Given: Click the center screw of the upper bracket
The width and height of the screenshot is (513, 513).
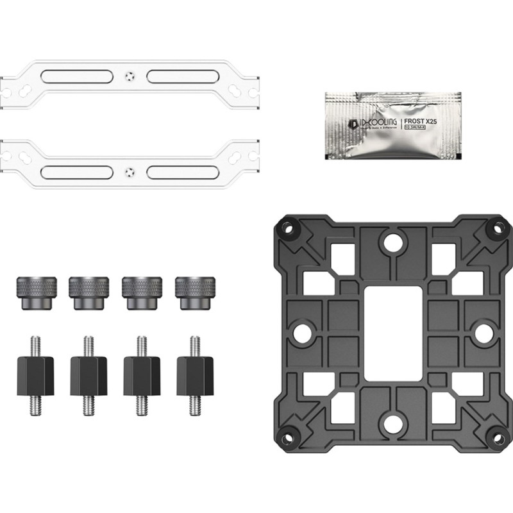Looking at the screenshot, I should click(130, 76).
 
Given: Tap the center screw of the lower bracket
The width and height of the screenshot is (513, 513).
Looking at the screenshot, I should click(130, 172).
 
